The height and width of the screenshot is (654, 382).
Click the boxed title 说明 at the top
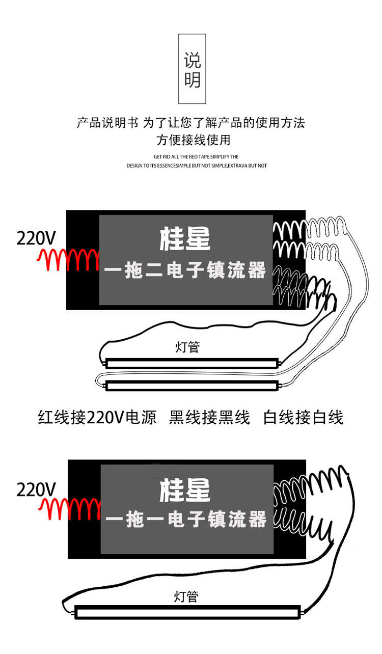192,69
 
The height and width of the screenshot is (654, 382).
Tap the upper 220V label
36,238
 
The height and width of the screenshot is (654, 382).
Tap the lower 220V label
36,489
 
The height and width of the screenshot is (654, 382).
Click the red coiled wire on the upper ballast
68,260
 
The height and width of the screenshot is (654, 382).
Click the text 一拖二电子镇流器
185,270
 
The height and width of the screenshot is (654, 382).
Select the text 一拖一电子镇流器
186,520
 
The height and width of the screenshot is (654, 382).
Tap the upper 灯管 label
187,347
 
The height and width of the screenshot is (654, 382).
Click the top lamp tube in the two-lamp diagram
192,363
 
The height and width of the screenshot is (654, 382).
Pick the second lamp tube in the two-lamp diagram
192,386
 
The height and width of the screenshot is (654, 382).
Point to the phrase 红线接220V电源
97,418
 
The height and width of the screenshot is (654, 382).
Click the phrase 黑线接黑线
209,418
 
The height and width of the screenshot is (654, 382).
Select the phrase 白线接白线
303,418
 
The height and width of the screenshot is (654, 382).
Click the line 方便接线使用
193,140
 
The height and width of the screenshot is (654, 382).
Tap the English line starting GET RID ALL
196,157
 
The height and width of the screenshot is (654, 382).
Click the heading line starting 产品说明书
190,123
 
